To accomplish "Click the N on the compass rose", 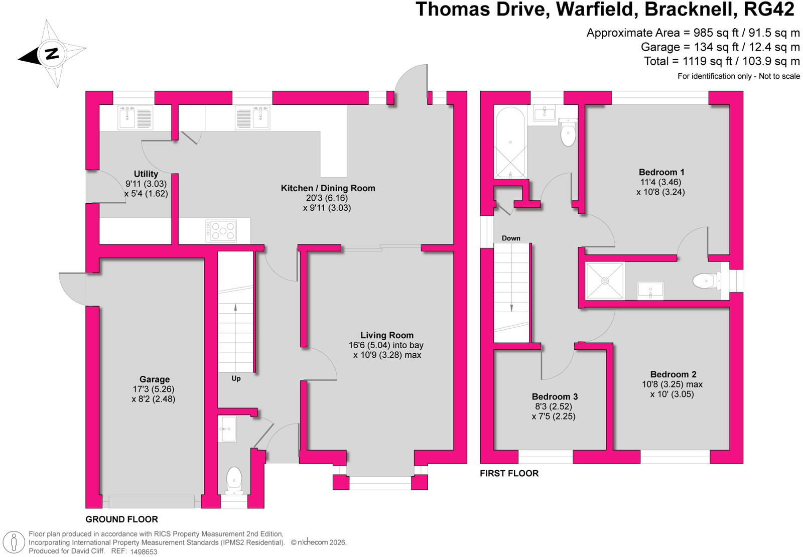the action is coord(52,53).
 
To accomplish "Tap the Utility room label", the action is coord(146,174).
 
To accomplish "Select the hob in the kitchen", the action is coord(221,230).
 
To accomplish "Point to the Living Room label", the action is coord(387,335).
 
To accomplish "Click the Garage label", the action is coord(155,379).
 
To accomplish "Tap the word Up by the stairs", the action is coord(236,378).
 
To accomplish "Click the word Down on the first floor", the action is coord(511,238).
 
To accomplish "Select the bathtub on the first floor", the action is coord(510,143).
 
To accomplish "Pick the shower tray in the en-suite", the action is coord(605,281).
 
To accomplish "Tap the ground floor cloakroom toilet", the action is coord(234,480).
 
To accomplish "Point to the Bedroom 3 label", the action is coord(555,396).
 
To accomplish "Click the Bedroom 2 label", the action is coord(673,374).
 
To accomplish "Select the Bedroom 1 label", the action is coord(661,172).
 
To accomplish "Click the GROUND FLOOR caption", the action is coord(121,519).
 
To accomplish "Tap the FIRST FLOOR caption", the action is coord(509,473).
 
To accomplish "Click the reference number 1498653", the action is coord(144,551).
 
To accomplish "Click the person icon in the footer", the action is coord(14,541).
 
